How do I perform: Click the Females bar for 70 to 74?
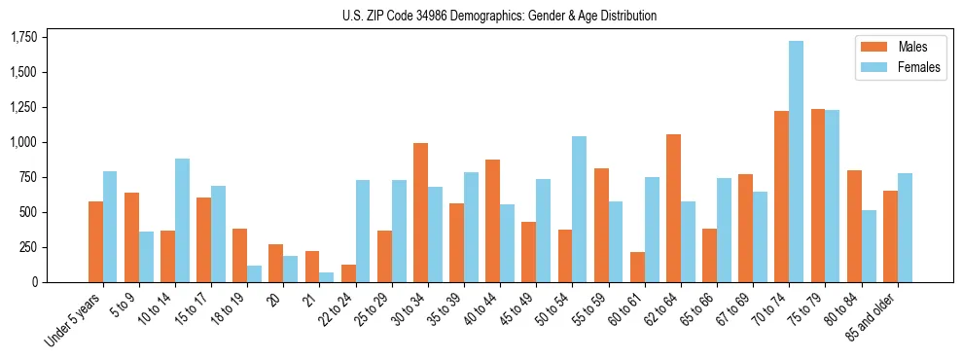(796, 162)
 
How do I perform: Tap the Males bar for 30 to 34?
(420, 212)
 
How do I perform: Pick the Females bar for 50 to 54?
(579, 209)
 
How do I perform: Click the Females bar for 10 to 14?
(182, 220)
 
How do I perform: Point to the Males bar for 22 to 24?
(348, 273)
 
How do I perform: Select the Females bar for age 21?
(327, 277)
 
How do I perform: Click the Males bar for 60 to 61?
(637, 267)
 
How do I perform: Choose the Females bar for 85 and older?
(905, 228)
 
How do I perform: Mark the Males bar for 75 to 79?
(818, 196)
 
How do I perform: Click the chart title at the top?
(499, 16)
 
